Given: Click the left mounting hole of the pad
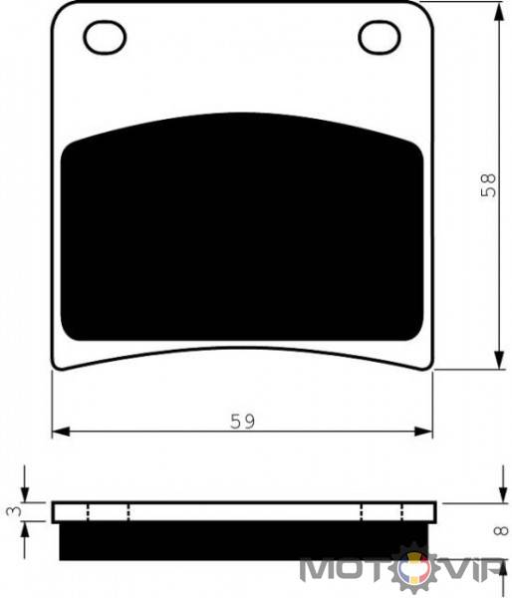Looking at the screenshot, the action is coord(105,37).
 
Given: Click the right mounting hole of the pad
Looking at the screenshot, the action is coord(380,37).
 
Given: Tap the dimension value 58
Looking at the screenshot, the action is coord(489,185).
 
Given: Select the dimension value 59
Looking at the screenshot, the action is coord(242,421).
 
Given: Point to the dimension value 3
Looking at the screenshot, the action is coord(14,511).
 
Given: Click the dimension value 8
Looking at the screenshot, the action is coord(501,530).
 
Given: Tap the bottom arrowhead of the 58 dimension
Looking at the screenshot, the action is coord(499,360).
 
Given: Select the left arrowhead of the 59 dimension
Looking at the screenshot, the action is coord(61,432).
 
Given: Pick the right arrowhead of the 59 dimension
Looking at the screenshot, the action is coord(423,432).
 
